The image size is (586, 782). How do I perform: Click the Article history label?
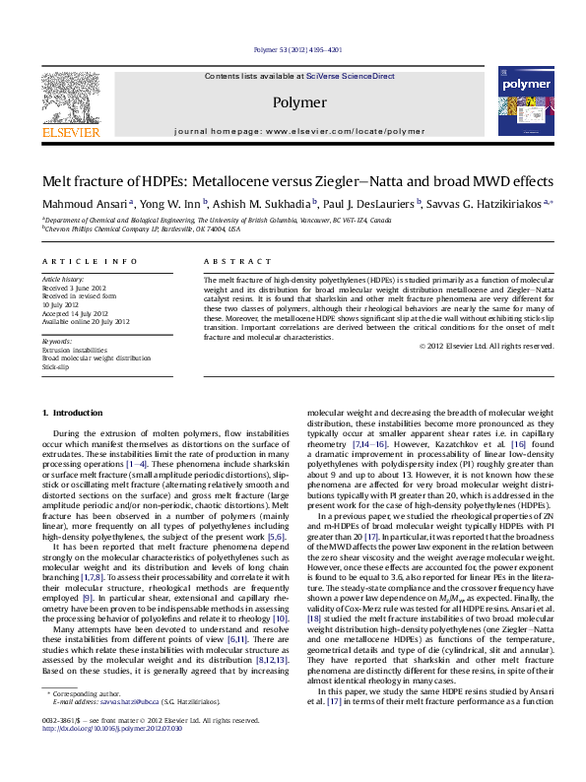[62, 280]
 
